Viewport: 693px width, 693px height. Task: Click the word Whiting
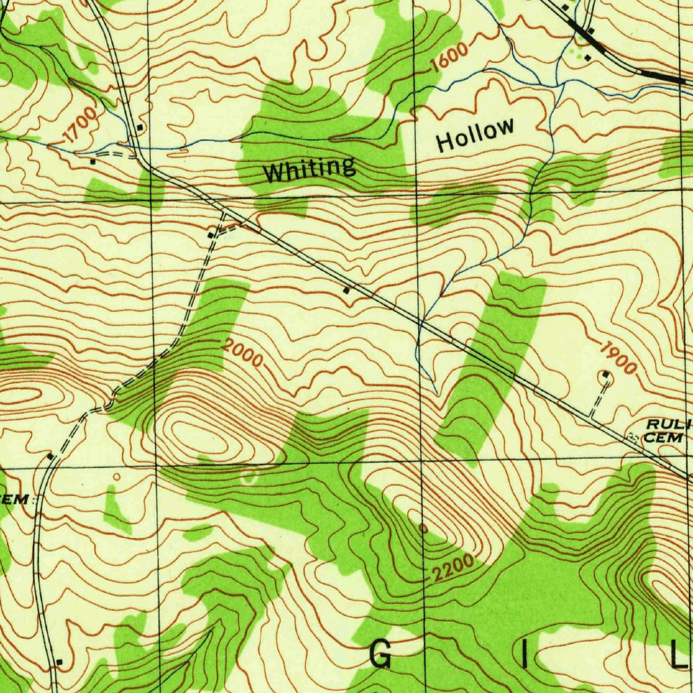[309, 169]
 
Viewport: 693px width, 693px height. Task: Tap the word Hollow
[475, 135]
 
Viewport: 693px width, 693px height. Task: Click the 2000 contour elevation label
[242, 354]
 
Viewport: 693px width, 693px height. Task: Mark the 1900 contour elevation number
[617, 358]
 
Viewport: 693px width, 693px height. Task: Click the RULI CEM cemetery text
[667, 430]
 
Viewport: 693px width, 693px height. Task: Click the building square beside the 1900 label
[606, 374]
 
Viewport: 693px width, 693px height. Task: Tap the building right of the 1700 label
[139, 127]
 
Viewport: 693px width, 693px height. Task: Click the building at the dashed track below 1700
[93, 161]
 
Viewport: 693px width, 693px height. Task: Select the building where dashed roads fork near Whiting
[211, 235]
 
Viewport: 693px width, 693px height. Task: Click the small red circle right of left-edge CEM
[116, 477]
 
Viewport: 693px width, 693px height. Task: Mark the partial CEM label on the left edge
[15, 499]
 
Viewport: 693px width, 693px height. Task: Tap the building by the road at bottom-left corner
[60, 661]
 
